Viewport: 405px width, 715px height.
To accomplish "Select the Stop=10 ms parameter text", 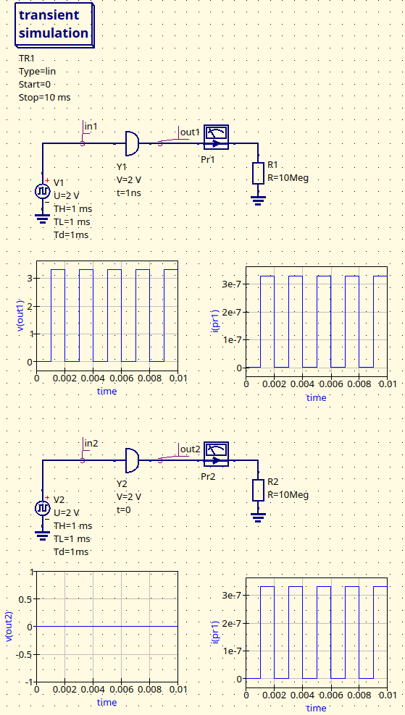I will [x=44, y=97].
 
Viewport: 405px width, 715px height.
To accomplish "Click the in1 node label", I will [x=91, y=127].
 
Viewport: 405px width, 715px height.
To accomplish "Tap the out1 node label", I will [x=190, y=132].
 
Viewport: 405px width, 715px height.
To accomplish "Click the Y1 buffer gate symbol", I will [x=131, y=143].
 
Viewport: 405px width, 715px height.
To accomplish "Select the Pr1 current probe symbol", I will [x=216, y=137].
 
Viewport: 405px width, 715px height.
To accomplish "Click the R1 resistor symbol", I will [x=257, y=173].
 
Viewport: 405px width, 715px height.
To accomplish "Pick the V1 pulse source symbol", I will [x=42, y=192].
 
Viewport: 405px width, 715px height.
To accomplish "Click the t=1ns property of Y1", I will [x=129, y=193].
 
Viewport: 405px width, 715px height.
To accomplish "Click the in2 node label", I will [x=91, y=443].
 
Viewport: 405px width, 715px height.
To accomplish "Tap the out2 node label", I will [x=190, y=449].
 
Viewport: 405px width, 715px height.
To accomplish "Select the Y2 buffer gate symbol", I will [x=131, y=460].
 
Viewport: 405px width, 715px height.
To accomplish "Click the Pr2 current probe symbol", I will [x=216, y=454].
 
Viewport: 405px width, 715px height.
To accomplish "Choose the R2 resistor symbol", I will [x=257, y=490].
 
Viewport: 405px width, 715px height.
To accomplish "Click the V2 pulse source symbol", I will [x=42, y=508].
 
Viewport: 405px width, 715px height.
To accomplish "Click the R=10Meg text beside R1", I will [x=288, y=178].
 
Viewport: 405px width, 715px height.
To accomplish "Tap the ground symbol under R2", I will [x=257, y=517].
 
